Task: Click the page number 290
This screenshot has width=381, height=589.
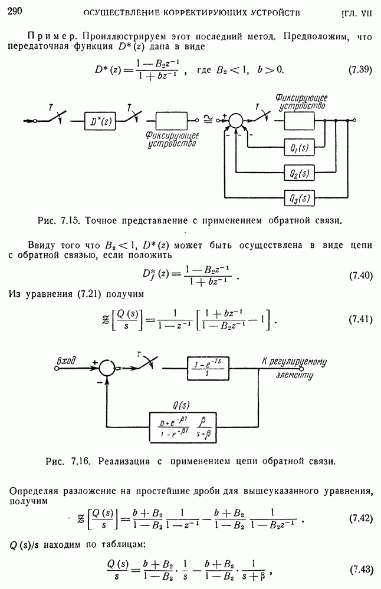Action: pos(14,11)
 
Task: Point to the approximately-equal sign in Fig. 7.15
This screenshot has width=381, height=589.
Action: pos(208,121)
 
